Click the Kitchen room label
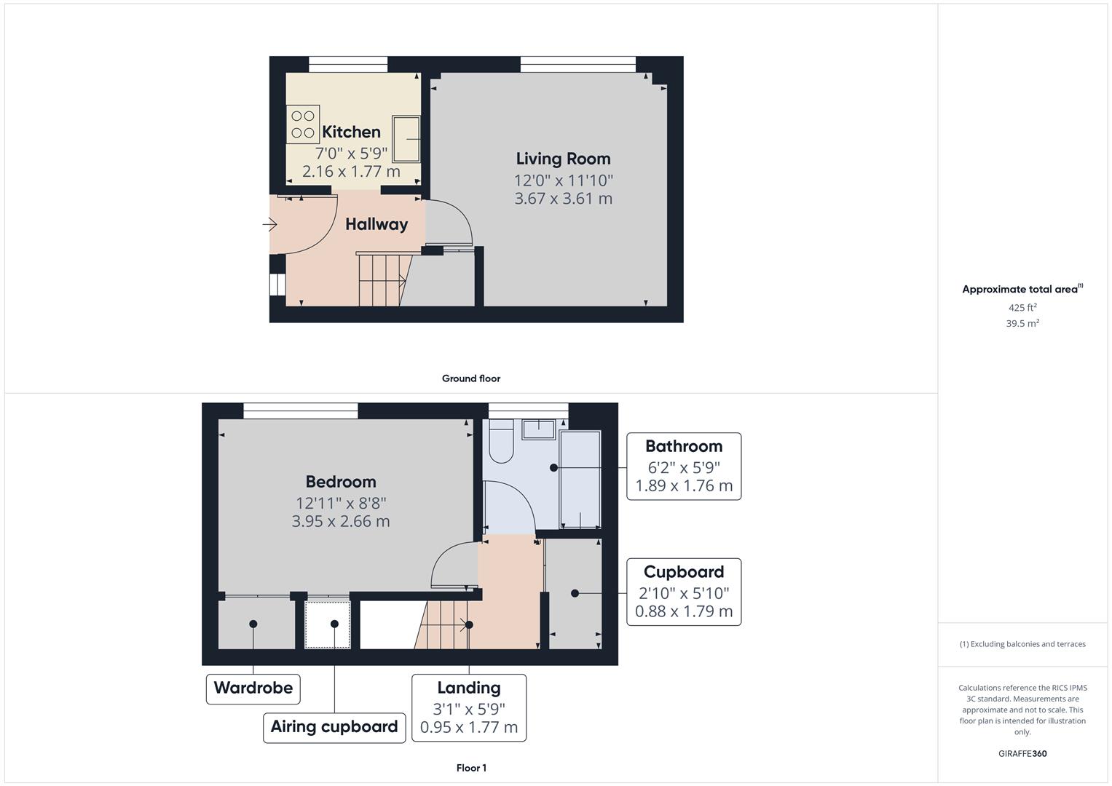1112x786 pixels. [x=351, y=132]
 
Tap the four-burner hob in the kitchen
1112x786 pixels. [x=303, y=124]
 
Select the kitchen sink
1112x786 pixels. [x=406, y=138]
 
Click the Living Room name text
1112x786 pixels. [x=563, y=159]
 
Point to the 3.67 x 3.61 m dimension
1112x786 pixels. [x=563, y=199]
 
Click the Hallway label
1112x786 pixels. [x=376, y=224]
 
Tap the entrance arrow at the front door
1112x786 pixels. [x=269, y=225]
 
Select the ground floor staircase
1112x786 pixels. [x=381, y=279]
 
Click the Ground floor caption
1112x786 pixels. [x=470, y=378]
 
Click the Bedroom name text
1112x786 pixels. [x=341, y=482]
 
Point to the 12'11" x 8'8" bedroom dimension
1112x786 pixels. [x=341, y=503]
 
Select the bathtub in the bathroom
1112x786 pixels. [x=580, y=480]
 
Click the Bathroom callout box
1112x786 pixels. [x=684, y=467]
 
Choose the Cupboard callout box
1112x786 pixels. [x=684, y=592]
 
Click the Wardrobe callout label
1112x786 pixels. [x=253, y=688]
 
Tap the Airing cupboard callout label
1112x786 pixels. [x=334, y=726]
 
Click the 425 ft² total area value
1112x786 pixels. [x=1022, y=308]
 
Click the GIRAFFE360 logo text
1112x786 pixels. [x=1022, y=754]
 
